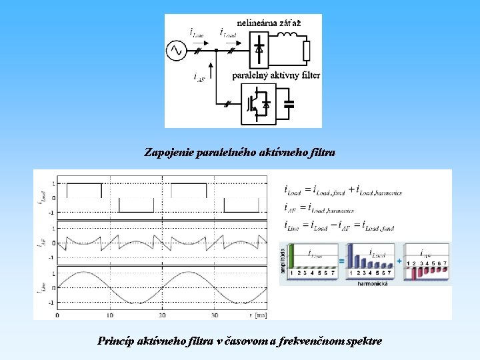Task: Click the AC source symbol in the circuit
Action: (x=177, y=50)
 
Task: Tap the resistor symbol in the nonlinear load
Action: (x=306, y=51)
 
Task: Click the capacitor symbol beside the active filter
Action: (x=289, y=105)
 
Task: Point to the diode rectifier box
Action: (x=259, y=49)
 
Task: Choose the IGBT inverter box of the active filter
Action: (x=259, y=104)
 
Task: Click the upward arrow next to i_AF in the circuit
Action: (x=211, y=71)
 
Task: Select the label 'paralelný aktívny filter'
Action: (x=276, y=75)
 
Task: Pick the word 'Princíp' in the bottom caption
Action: (x=115, y=341)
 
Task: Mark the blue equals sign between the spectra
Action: (x=341, y=261)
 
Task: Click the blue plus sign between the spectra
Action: (x=400, y=261)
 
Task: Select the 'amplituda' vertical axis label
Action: (x=283, y=259)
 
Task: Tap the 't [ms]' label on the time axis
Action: (x=255, y=314)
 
